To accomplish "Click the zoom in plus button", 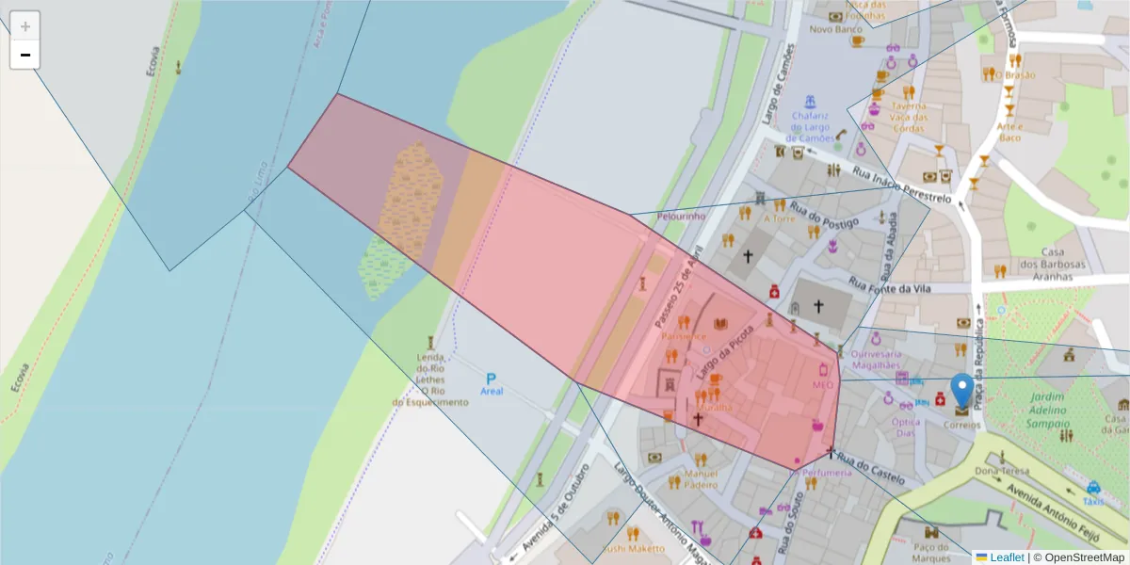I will pos(25,26).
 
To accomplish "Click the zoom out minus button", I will pos(25,55).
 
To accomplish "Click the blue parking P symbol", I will pos(491,378).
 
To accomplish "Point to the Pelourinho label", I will pos(681,216).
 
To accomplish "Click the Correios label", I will pos(961,425).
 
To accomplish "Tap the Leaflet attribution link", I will pos(1006,557).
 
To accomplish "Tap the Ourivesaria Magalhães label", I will pos(877,359).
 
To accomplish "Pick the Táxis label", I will pos(1092,501).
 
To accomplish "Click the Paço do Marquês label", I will pos(931,552).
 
